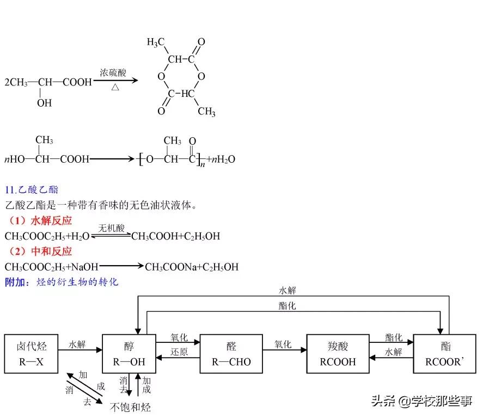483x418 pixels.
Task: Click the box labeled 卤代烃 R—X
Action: [x=30, y=354]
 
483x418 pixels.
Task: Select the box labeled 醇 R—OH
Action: [x=129, y=354]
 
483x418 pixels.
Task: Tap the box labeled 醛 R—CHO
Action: [x=231, y=354]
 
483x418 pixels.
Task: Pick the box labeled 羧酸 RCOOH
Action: [x=338, y=354]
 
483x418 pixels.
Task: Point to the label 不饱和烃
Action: [x=130, y=407]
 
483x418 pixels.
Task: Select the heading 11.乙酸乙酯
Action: [x=31, y=190]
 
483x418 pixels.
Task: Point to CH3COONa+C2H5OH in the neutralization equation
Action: [x=192, y=267]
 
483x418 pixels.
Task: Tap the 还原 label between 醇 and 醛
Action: [x=178, y=352]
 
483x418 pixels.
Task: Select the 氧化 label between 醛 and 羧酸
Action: [x=283, y=345]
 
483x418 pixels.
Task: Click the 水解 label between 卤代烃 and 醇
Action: [x=77, y=345]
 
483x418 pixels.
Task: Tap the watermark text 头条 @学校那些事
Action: [x=421, y=402]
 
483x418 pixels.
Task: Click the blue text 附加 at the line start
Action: [x=14, y=282]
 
